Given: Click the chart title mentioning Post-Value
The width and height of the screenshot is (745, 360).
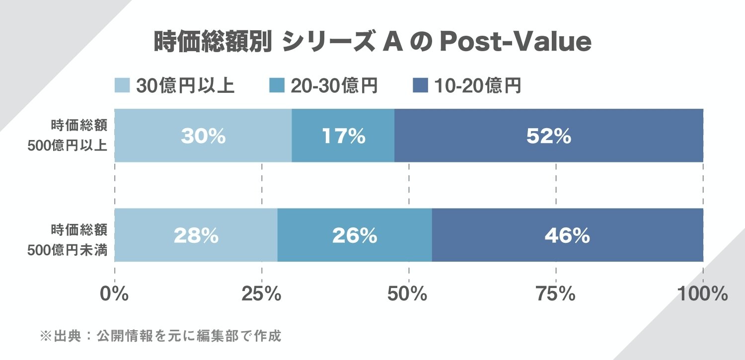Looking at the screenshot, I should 372,43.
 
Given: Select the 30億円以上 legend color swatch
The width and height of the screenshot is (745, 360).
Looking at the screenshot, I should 122,86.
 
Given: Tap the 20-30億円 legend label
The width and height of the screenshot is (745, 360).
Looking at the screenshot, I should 334,86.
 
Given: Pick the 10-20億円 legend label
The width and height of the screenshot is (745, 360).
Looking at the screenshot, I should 478,86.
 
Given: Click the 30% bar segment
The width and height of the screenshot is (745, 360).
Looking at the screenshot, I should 203,136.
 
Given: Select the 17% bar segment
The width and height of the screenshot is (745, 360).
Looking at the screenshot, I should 343,136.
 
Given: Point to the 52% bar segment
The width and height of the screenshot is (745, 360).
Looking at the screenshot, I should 549,136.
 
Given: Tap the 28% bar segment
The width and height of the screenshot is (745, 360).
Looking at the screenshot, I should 196,235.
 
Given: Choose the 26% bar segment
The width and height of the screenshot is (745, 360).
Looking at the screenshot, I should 354,235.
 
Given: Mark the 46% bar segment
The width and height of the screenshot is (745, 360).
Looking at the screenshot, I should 567,235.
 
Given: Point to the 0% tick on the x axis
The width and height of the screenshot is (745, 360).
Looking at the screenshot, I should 114,294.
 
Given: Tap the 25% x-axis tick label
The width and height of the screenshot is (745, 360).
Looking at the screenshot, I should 261,294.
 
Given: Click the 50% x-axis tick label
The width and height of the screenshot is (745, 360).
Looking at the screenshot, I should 408,294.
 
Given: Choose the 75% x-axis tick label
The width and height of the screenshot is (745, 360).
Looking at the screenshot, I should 555,294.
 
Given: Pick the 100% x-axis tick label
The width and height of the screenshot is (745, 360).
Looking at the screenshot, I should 702,294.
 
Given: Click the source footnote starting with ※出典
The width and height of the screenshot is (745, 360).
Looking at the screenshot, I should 160,336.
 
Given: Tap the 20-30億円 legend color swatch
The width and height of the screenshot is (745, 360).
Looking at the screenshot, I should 276,86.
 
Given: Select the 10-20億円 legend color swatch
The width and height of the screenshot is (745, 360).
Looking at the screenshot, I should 420,86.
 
